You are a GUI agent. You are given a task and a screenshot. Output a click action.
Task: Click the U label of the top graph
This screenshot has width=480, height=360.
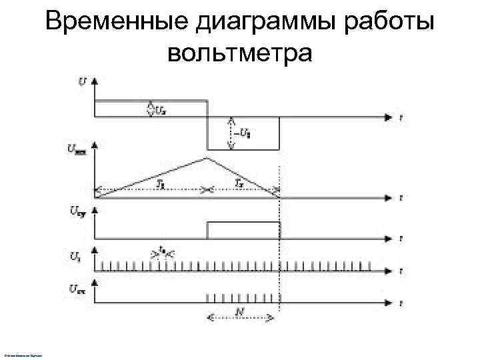(81, 81)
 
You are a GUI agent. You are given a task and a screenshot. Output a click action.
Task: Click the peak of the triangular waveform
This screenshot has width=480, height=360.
(208, 158)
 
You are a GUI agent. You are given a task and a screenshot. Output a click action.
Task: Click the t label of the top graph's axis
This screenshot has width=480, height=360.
(400, 117)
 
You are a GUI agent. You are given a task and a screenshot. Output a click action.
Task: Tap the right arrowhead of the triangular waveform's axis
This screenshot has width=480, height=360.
(389, 198)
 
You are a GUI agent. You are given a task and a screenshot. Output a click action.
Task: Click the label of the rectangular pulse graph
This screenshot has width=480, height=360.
(77, 213)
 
